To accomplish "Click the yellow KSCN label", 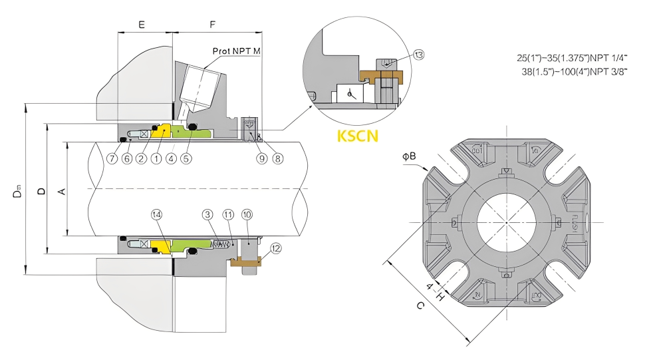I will coord(358,136).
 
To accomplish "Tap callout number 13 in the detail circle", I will coord(418,55).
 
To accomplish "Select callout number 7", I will coord(112,158).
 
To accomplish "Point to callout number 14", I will coord(156,215).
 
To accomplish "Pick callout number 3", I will coord(208,215).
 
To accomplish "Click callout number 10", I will coord(247,215).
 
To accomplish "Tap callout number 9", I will coord(261,158).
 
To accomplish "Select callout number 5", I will coord(186,158).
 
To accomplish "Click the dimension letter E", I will coord(141,25).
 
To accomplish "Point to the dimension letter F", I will coord(213,25).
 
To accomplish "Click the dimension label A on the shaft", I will coord(62,192).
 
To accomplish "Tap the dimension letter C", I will coord(420,307).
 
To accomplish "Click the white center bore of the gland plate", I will coord(506,221).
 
